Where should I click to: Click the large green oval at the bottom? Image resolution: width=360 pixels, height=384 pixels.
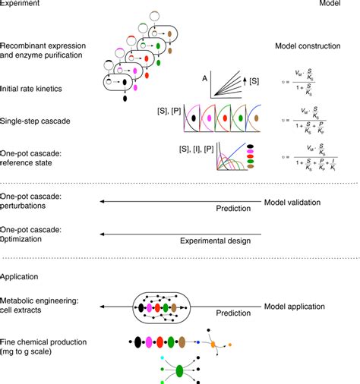(x=180, y=372)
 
